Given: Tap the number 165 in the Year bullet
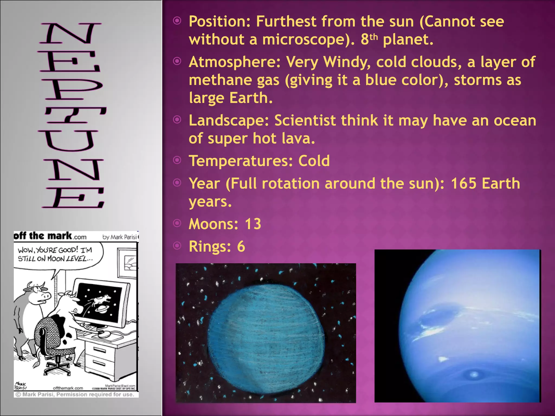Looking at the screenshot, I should pos(463,184).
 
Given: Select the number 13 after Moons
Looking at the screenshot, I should pos(253,224).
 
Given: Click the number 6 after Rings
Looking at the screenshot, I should pos(241,247).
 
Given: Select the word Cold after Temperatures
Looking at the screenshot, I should pos(314,161).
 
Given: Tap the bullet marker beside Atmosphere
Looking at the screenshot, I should pos(177,61).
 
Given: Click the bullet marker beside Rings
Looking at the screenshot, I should pos(177,246).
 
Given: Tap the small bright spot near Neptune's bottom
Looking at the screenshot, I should pos(474,375).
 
